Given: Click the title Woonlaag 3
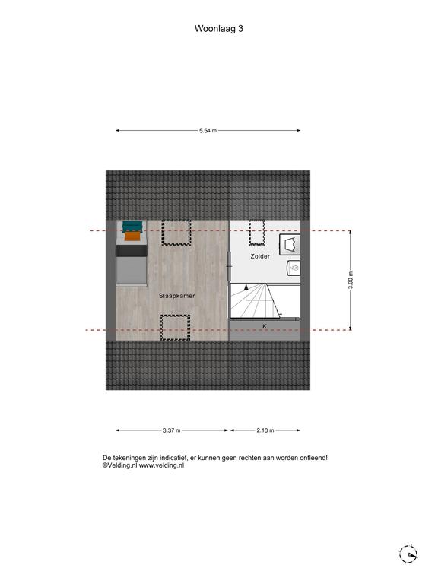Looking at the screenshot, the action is (x=219, y=29).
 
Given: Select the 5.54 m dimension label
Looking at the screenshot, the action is (x=208, y=131).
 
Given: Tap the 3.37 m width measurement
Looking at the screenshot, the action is (x=172, y=430).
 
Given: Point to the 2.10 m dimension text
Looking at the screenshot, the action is (x=265, y=430).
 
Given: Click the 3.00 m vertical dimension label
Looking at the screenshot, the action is (x=351, y=280).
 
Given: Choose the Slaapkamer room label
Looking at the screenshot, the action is (x=177, y=296).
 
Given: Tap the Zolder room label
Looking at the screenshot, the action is (x=260, y=256).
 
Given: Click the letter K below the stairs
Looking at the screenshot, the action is (x=265, y=326).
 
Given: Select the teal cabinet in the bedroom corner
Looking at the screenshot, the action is (x=132, y=227).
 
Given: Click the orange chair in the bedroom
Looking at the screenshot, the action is (x=132, y=236).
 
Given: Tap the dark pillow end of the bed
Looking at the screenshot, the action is (x=132, y=251).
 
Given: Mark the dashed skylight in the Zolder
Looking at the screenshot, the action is (x=256, y=233).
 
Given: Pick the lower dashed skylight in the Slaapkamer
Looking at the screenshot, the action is (x=175, y=328).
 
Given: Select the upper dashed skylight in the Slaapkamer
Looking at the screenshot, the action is (x=176, y=233).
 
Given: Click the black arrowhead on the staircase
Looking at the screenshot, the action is (x=246, y=287).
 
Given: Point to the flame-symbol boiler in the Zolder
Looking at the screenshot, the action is (x=294, y=268).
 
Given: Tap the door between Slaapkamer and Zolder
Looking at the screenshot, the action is (x=229, y=266).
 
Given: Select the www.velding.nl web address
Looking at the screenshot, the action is (x=162, y=465).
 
